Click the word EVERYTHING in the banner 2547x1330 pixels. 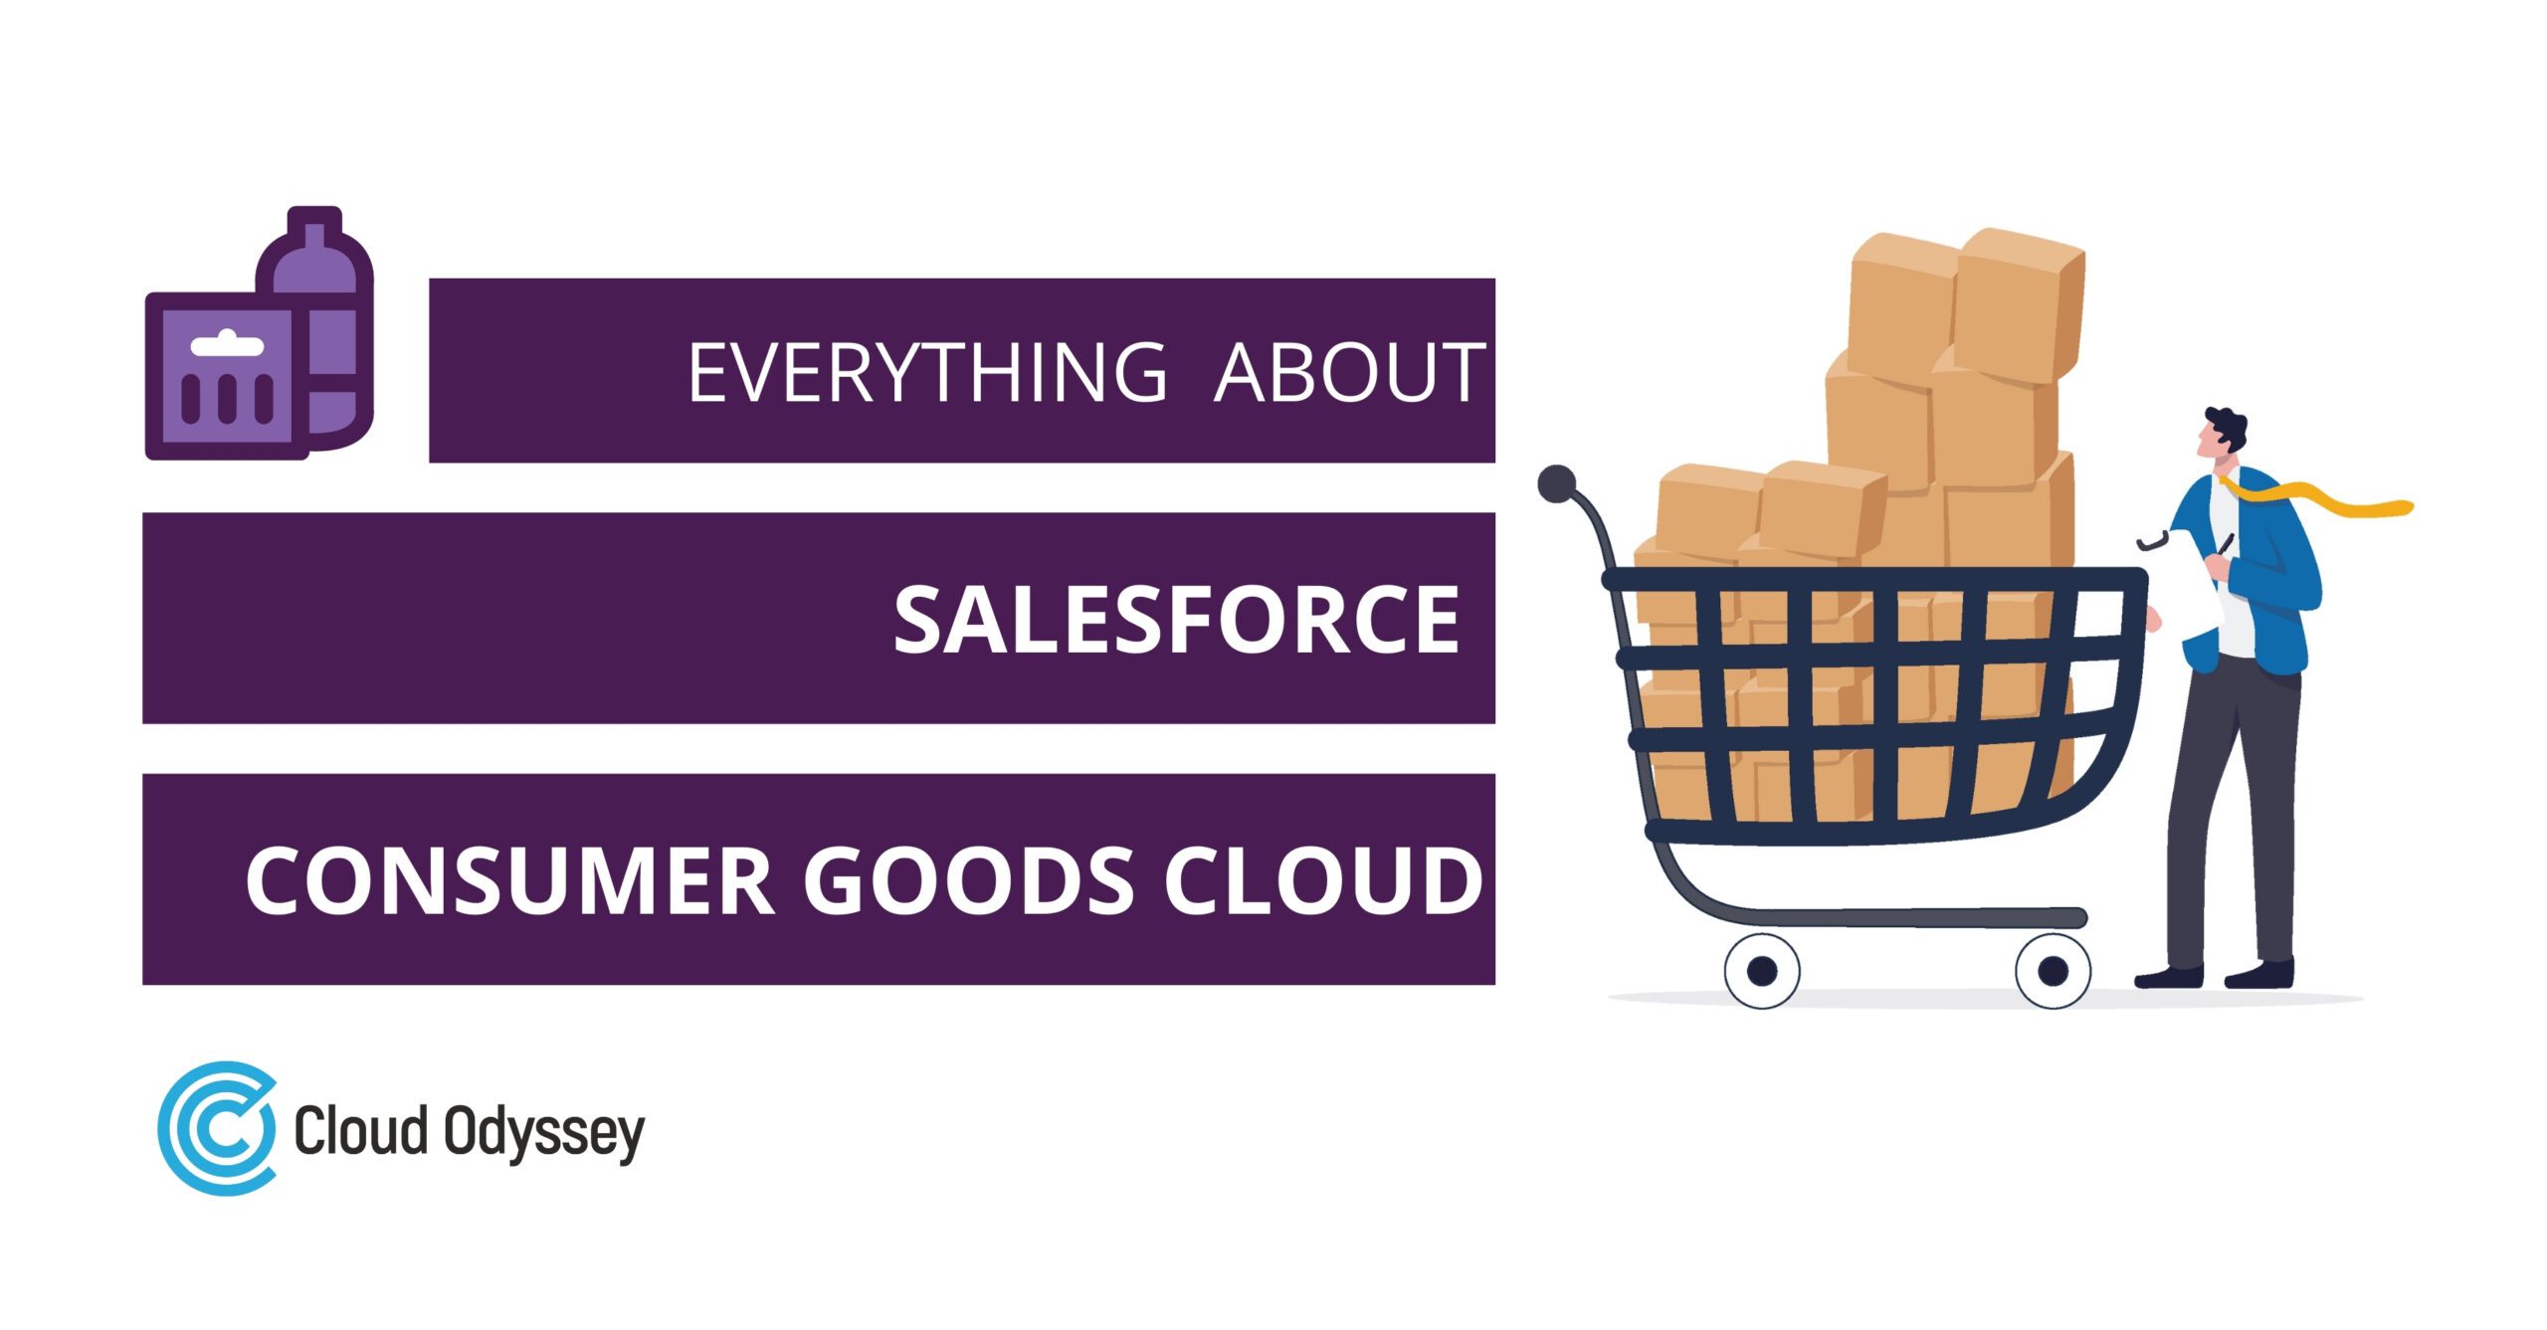click(x=926, y=373)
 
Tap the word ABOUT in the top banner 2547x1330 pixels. click(x=1349, y=373)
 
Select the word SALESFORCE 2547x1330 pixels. click(x=1176, y=620)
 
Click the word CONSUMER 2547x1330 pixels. click(x=509, y=881)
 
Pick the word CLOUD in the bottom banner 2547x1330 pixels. click(x=1323, y=881)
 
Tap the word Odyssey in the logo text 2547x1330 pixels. click(x=543, y=1132)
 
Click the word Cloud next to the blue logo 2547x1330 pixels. click(x=360, y=1130)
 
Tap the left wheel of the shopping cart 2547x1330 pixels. click(x=1761, y=971)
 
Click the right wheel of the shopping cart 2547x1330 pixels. click(x=2053, y=971)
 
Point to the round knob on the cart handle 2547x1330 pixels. click(x=1556, y=484)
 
